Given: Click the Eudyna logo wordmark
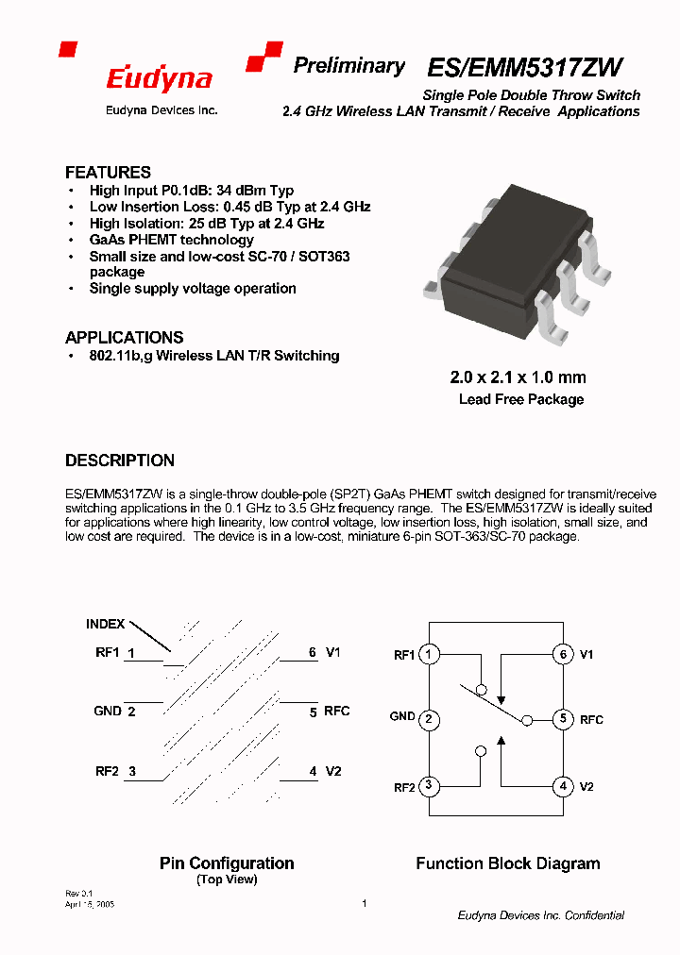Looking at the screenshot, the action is click(x=159, y=79).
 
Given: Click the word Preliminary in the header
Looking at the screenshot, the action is click(x=348, y=66).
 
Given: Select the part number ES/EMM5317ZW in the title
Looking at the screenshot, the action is click(x=525, y=68).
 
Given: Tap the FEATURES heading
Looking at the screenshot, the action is click(x=108, y=173).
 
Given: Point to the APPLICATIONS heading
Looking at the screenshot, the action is click(x=124, y=338).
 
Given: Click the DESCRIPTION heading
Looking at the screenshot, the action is click(x=120, y=461).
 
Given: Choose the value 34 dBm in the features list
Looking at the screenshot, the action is click(x=244, y=191).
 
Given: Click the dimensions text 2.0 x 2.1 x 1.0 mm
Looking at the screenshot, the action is click(x=518, y=377).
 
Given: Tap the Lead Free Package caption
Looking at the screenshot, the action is click(x=521, y=399).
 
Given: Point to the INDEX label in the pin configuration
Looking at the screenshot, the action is click(x=106, y=624).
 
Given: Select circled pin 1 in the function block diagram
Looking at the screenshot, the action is click(x=429, y=654).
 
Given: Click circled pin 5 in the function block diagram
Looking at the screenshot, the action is click(x=563, y=719).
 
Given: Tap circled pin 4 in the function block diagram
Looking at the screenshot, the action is click(x=563, y=786).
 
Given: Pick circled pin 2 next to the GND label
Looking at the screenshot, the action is click(x=429, y=720).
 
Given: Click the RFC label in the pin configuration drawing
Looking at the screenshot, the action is click(x=337, y=712).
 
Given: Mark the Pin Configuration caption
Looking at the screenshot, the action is click(x=227, y=863).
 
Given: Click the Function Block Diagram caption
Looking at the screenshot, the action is click(x=508, y=863).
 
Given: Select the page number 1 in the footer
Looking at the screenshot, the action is click(x=365, y=903).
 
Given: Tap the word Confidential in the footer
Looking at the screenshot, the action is click(x=595, y=915).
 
